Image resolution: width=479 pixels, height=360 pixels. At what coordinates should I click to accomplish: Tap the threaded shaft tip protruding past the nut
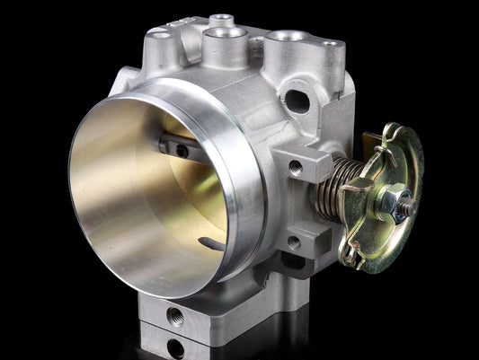(x=411, y=206)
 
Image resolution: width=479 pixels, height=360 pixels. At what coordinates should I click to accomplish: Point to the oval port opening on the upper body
(x=295, y=100)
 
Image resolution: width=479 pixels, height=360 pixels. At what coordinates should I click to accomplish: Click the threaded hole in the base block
(x=174, y=314)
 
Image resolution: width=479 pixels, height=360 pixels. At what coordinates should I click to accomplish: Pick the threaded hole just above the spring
(x=295, y=166)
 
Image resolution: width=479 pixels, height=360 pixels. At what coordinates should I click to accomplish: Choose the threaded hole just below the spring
(x=294, y=242)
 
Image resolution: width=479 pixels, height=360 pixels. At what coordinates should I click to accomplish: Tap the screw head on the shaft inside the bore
(x=182, y=151)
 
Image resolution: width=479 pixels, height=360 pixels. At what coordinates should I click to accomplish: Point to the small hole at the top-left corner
(x=159, y=35)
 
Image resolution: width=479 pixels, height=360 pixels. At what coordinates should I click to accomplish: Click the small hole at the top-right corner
(x=331, y=44)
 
